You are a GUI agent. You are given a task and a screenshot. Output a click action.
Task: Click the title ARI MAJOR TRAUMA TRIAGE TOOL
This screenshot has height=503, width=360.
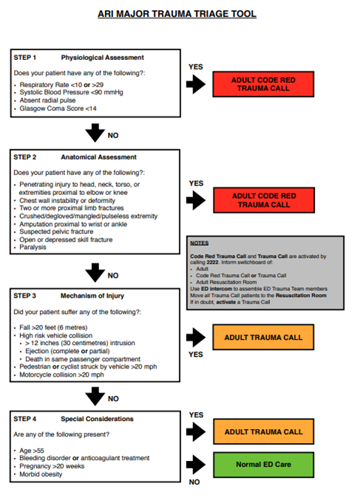coord(178,13)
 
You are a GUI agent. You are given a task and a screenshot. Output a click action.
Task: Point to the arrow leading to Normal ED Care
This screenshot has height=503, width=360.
coord(196,465)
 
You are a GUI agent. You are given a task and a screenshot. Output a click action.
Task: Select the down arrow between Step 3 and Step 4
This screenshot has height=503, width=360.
coord(95,397)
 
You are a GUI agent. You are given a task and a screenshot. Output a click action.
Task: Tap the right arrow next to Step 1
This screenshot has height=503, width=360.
coord(196,84)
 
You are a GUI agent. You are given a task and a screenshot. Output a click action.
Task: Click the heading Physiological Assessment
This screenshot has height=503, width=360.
coord(102,58)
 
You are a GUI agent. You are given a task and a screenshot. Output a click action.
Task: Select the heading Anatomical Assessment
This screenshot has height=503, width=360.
coord(98,157)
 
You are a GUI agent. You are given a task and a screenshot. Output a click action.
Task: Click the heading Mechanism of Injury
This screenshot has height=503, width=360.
coord(94,295)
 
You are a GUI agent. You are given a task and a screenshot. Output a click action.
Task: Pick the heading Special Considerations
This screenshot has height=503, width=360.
coord(99,419)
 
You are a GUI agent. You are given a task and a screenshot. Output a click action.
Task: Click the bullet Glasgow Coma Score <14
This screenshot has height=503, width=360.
coord(59,109)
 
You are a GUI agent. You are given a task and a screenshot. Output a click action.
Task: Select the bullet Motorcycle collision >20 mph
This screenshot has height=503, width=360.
coord(67,374)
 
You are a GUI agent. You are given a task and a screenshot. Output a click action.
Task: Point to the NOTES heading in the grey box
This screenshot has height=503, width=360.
coord(198,242)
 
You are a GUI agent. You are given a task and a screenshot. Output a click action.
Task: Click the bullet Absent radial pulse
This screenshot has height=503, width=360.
coord(52,100)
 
